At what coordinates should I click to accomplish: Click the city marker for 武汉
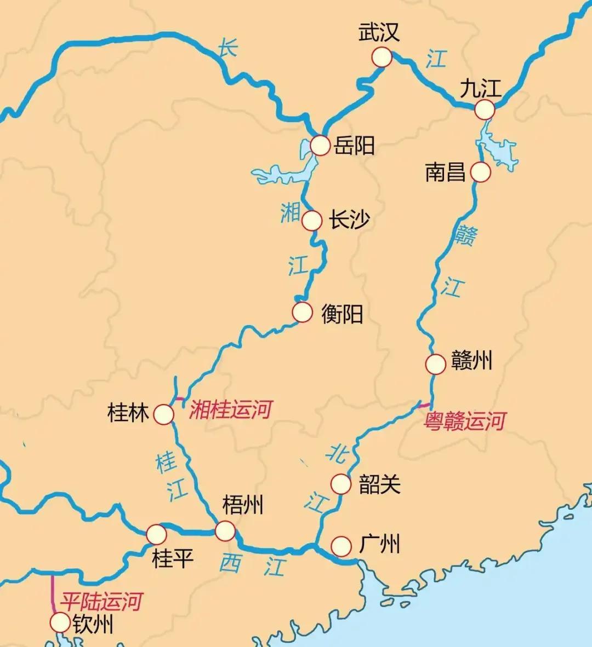point(382,57)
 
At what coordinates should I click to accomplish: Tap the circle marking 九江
point(485,109)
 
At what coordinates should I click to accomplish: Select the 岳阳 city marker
point(320,146)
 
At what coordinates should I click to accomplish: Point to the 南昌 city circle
point(480,172)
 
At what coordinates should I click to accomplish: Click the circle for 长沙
point(312,221)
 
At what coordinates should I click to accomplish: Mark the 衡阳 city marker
point(302,312)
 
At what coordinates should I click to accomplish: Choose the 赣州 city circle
point(436,364)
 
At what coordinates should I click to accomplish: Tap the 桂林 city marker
point(163,414)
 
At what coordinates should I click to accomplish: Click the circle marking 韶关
point(340,484)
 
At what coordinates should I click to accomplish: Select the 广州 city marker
point(341,546)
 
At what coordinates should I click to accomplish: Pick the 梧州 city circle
point(225,530)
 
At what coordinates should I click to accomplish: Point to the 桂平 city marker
point(156,534)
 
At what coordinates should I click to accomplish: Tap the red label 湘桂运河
point(230,409)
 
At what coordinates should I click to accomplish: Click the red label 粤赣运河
point(465,421)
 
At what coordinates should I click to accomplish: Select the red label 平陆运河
point(101,602)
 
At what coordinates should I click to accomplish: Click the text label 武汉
point(379,32)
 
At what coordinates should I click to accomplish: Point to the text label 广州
point(379,545)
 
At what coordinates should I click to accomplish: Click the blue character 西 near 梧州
point(230,563)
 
